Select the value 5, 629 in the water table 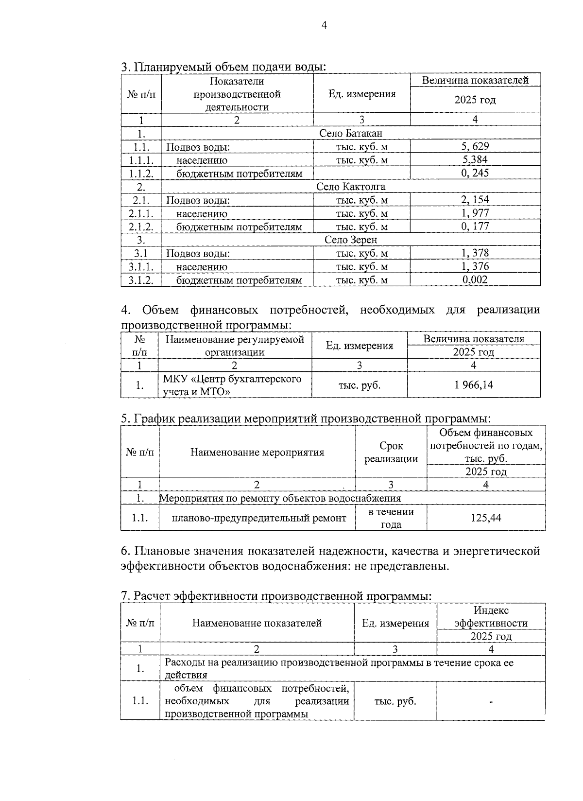coord(475,146)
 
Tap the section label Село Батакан coord(351,133)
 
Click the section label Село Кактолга coord(351,187)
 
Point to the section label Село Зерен coord(351,240)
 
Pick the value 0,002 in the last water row coord(475,279)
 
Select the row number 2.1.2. coord(141,226)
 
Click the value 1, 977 coord(475,213)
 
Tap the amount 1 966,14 coord(474,385)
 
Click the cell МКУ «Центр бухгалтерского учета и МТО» coord(232,385)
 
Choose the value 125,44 coord(486,518)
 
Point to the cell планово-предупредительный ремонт coord(259,518)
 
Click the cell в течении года coord(391,518)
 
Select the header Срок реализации coord(391,452)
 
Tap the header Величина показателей coord(475,81)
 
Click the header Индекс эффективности coord(491,617)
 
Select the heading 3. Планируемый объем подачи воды coord(223,67)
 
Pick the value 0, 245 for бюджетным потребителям coord(475,173)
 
